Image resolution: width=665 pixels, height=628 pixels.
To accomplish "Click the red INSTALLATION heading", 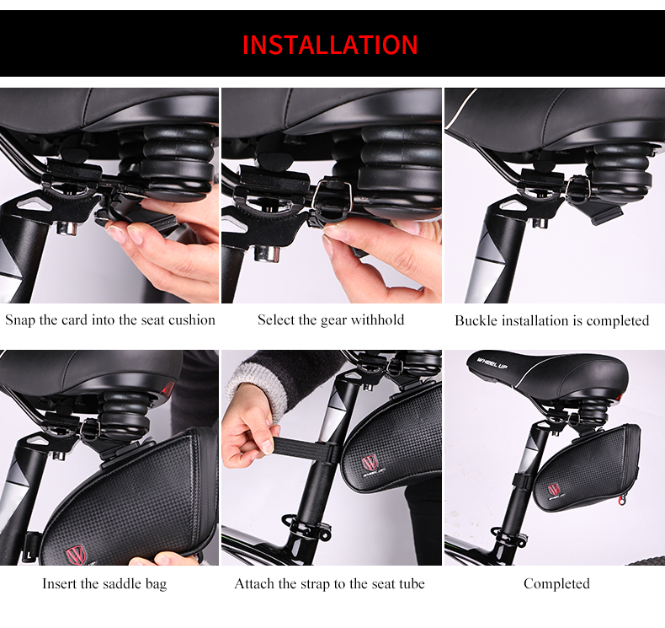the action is point(330,45).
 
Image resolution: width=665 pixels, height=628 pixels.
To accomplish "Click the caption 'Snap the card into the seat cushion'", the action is point(110,319).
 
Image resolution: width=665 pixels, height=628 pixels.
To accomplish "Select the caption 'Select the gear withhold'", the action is point(331,319).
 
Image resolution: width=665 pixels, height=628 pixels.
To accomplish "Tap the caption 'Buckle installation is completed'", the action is point(551,320).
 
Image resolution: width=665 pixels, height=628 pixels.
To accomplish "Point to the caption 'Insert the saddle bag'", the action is point(104,584).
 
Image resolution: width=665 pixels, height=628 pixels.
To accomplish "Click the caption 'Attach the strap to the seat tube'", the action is point(329,584).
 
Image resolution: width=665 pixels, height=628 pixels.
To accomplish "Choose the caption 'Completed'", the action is point(556,584).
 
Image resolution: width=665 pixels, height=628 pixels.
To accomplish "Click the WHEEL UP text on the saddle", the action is point(492,363).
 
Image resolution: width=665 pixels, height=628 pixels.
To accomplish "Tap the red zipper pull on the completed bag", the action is point(622,500).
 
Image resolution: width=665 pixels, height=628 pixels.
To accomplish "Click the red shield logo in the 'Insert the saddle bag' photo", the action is point(76,556).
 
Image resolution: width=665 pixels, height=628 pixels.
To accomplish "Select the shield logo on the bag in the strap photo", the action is point(369,463).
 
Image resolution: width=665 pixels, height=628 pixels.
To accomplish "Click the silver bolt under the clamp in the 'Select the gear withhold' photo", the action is point(266,254).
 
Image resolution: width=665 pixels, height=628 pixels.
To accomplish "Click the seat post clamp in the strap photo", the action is point(306,526).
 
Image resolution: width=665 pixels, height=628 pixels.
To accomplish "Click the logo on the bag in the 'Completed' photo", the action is point(554,490).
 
